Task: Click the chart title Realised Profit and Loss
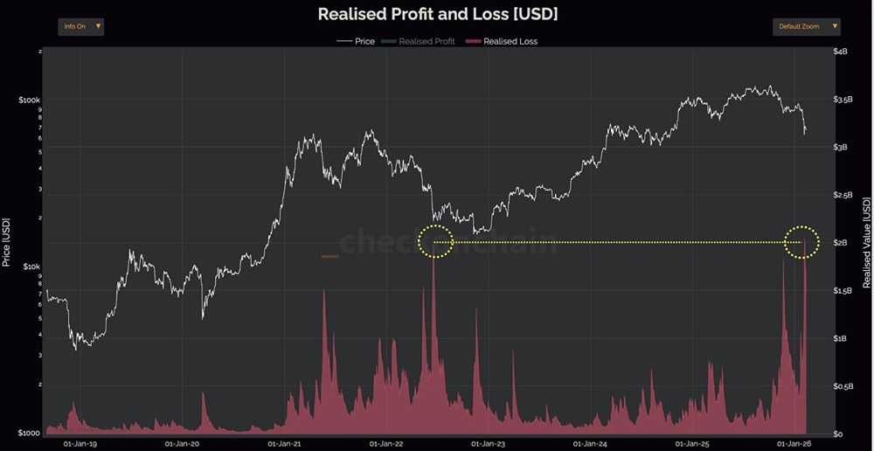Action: coord(437,15)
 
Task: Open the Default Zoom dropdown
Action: coord(806,26)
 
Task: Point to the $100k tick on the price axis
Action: coord(29,101)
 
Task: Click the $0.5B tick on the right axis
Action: coord(843,386)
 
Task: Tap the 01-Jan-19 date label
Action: coord(80,443)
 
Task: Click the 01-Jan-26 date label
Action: coord(794,443)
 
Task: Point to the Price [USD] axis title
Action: coord(7,242)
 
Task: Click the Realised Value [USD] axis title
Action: coord(866,242)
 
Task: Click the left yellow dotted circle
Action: coord(435,240)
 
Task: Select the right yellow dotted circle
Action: coord(801,241)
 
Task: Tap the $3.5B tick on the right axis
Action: coord(843,101)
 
